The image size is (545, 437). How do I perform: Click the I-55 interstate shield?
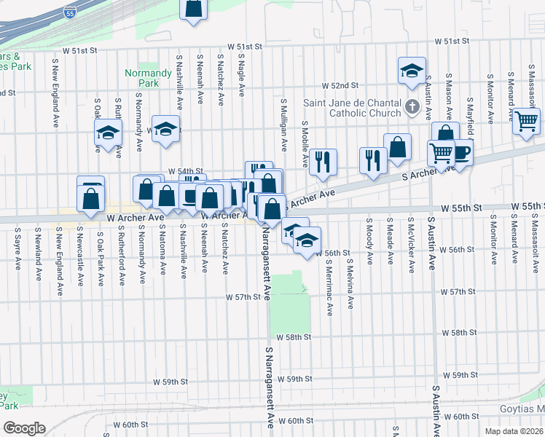tap(69, 12)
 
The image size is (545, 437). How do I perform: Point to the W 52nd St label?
tap(340, 85)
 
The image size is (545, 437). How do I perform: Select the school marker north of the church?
tap(412, 71)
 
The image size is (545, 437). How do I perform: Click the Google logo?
tap(24, 428)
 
